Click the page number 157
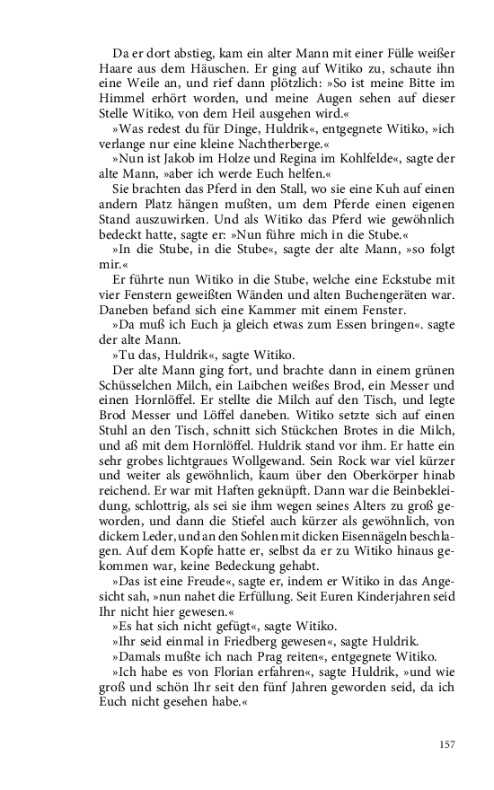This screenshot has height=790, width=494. (448, 744)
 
